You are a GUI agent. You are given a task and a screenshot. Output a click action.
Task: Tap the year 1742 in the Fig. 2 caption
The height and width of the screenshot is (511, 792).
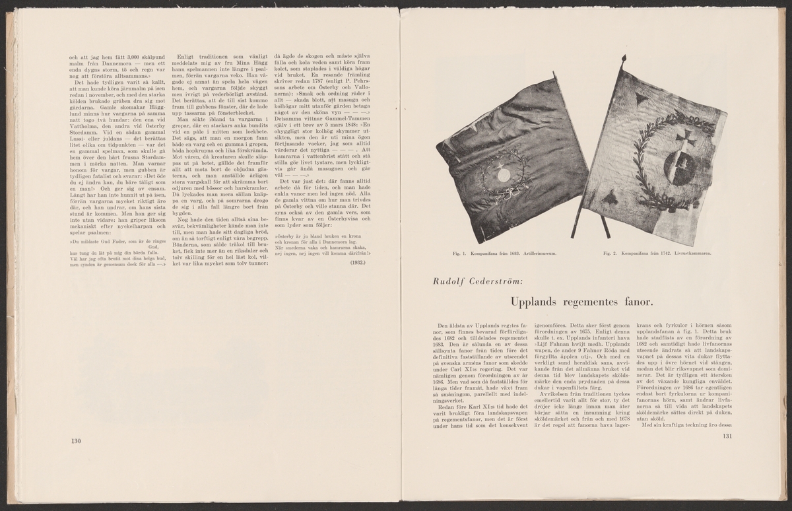click(x=665, y=253)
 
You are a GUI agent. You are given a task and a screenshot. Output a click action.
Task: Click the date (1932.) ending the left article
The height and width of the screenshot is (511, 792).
click(x=360, y=262)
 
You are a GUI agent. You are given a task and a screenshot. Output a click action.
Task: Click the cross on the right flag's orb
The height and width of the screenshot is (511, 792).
click(x=684, y=135)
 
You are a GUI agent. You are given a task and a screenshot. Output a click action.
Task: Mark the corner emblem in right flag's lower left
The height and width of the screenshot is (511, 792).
click(x=607, y=197)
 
